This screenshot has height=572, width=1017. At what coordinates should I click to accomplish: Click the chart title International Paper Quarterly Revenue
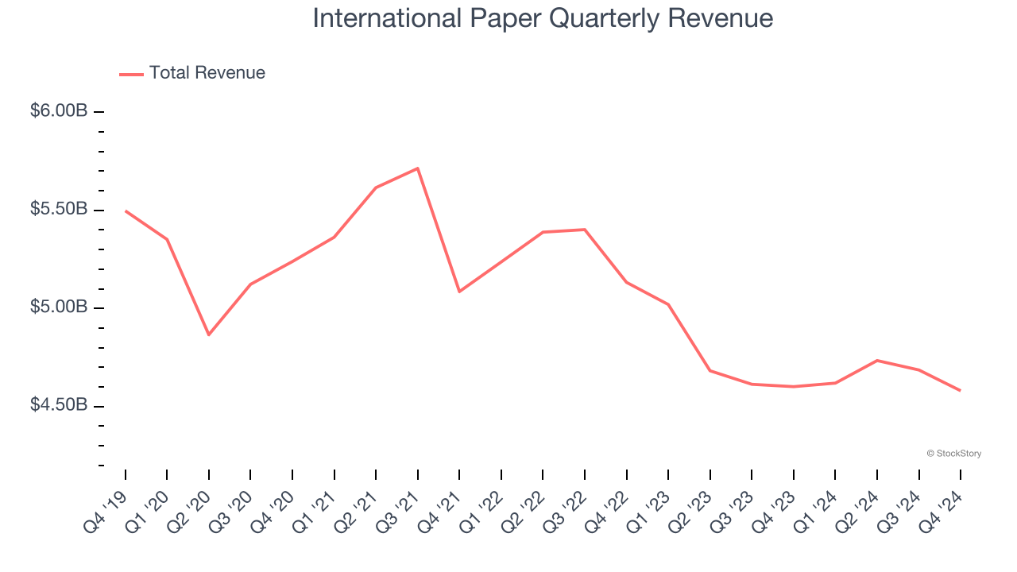pyautogui.click(x=543, y=18)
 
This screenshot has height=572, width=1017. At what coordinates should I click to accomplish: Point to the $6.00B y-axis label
pyautogui.click(x=59, y=111)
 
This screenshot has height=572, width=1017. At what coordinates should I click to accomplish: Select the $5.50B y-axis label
pyautogui.click(x=59, y=210)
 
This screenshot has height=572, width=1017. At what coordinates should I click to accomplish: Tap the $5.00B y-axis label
pyautogui.click(x=59, y=307)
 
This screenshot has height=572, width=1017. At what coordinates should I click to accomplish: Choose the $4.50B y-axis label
pyautogui.click(x=59, y=406)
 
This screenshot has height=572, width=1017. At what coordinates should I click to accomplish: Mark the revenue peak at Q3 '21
pyautogui.click(x=418, y=168)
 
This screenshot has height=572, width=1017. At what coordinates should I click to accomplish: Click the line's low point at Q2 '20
pyautogui.click(x=209, y=334)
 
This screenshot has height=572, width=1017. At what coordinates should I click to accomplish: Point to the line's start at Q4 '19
pyautogui.click(x=126, y=211)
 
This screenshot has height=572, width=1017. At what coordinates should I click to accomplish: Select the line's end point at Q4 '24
pyautogui.click(x=961, y=390)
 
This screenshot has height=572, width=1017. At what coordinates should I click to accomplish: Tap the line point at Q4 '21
pyautogui.click(x=459, y=292)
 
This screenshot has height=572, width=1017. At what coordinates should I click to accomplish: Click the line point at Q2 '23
pyautogui.click(x=710, y=370)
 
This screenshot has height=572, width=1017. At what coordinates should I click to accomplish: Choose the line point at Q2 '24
pyautogui.click(x=877, y=361)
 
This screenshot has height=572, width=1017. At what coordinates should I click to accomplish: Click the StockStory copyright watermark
pyautogui.click(x=953, y=454)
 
